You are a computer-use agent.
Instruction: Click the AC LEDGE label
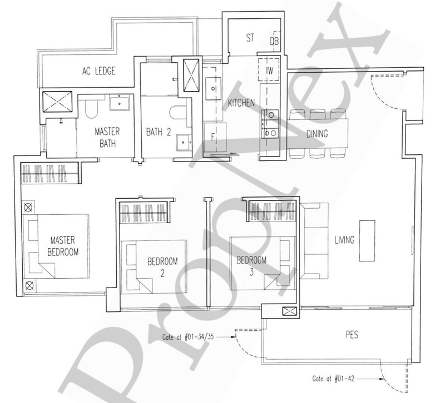click(99, 71)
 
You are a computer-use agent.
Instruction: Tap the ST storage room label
click(250, 38)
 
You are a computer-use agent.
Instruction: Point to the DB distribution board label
click(274, 41)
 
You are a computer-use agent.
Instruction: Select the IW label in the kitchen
click(269, 70)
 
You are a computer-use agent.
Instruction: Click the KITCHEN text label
click(241, 103)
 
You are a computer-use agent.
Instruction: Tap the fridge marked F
click(215, 137)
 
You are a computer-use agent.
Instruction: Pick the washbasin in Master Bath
click(120, 102)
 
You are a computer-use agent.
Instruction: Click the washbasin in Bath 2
click(184, 143)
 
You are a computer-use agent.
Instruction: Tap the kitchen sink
click(213, 89)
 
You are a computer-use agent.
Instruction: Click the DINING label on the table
click(317, 134)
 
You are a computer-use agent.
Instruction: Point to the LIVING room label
click(344, 240)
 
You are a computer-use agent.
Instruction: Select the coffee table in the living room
click(367, 241)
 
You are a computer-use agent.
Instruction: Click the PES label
click(352, 335)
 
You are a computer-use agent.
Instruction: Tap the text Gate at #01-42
click(333, 379)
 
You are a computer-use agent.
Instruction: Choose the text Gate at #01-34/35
click(188, 337)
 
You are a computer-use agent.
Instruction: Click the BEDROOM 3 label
click(252, 266)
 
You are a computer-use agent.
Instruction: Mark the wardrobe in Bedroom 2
click(144, 213)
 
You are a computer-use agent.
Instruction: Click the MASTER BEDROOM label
click(63, 246)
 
